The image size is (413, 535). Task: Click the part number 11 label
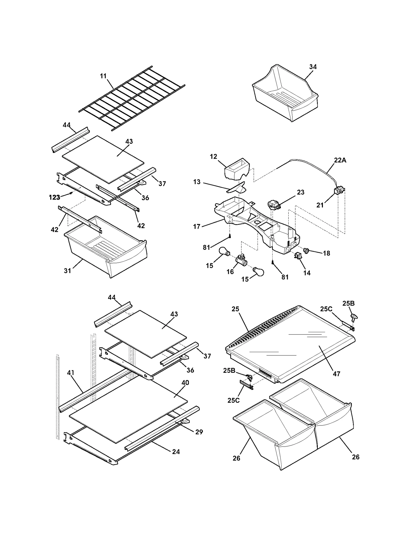pyautogui.click(x=103, y=76)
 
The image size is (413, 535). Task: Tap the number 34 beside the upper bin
pyautogui.click(x=313, y=67)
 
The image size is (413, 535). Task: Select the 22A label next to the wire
pyautogui.click(x=340, y=160)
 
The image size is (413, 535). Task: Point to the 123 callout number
pyautogui.click(x=54, y=197)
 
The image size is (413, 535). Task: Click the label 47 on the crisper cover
pyautogui.click(x=336, y=374)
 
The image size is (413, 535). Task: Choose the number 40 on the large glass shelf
pyautogui.click(x=185, y=382)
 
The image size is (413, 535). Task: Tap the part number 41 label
pyautogui.click(x=70, y=373)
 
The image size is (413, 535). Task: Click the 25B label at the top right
pyautogui.click(x=348, y=303)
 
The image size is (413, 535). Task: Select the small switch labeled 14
pyautogui.click(x=298, y=256)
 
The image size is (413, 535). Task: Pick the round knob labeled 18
pyautogui.click(x=307, y=250)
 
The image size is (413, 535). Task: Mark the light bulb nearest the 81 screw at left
pyautogui.click(x=224, y=251)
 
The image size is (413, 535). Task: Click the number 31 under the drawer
pyautogui.click(x=67, y=271)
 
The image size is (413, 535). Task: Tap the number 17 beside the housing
pyautogui.click(x=197, y=227)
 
